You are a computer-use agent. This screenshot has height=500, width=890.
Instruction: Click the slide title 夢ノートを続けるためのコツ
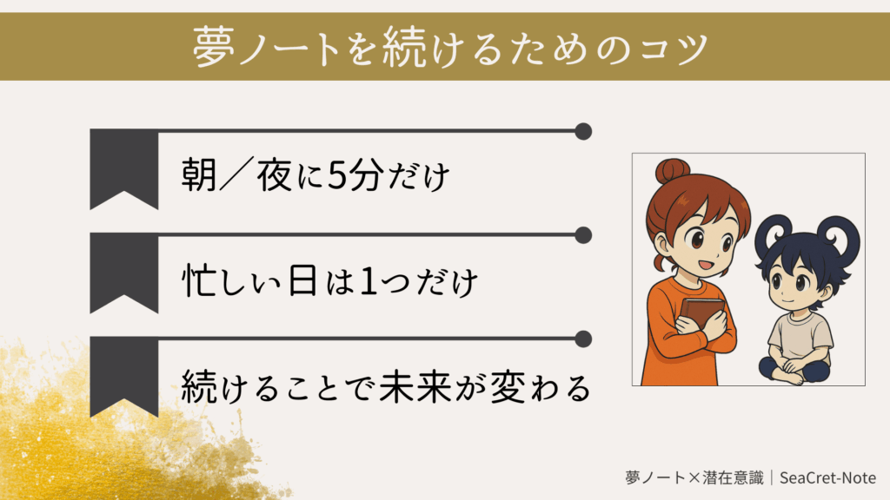pos(451,47)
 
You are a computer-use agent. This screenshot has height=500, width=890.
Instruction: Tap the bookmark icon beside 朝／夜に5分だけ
pos(123,168)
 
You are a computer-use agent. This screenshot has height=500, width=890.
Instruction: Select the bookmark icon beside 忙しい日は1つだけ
pos(123,272)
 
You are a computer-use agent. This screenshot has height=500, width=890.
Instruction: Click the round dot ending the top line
pos(583,131)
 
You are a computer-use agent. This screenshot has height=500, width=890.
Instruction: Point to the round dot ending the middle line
pos(583,235)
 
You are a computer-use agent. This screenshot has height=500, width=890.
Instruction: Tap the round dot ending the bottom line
pos(583,339)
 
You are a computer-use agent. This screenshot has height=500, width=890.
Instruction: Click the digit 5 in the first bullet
pos(337,175)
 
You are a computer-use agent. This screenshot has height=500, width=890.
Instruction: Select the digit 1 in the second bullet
pos(369,281)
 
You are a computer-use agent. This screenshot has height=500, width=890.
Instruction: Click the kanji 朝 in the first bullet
pos(199,174)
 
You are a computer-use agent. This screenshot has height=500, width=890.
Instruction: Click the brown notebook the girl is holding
pos(702,314)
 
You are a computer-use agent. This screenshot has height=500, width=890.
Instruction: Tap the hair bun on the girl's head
pos(673,171)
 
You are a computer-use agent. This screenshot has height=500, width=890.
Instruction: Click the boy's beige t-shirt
pos(800,337)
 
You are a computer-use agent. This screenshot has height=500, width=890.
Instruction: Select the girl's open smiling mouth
pos(706,264)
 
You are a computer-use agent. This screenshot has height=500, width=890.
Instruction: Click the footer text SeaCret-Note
pos(827,478)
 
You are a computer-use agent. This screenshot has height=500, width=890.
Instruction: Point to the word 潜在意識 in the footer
pos(733,478)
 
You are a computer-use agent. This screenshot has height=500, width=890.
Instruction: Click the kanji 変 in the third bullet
pos(508,387)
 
